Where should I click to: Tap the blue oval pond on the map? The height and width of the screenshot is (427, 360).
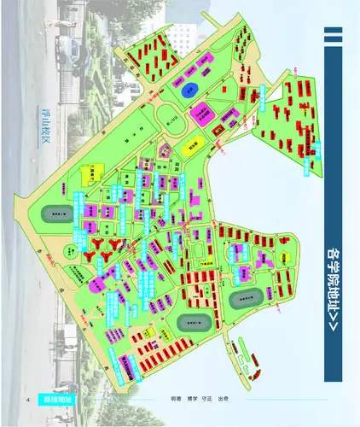tap(191, 90)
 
